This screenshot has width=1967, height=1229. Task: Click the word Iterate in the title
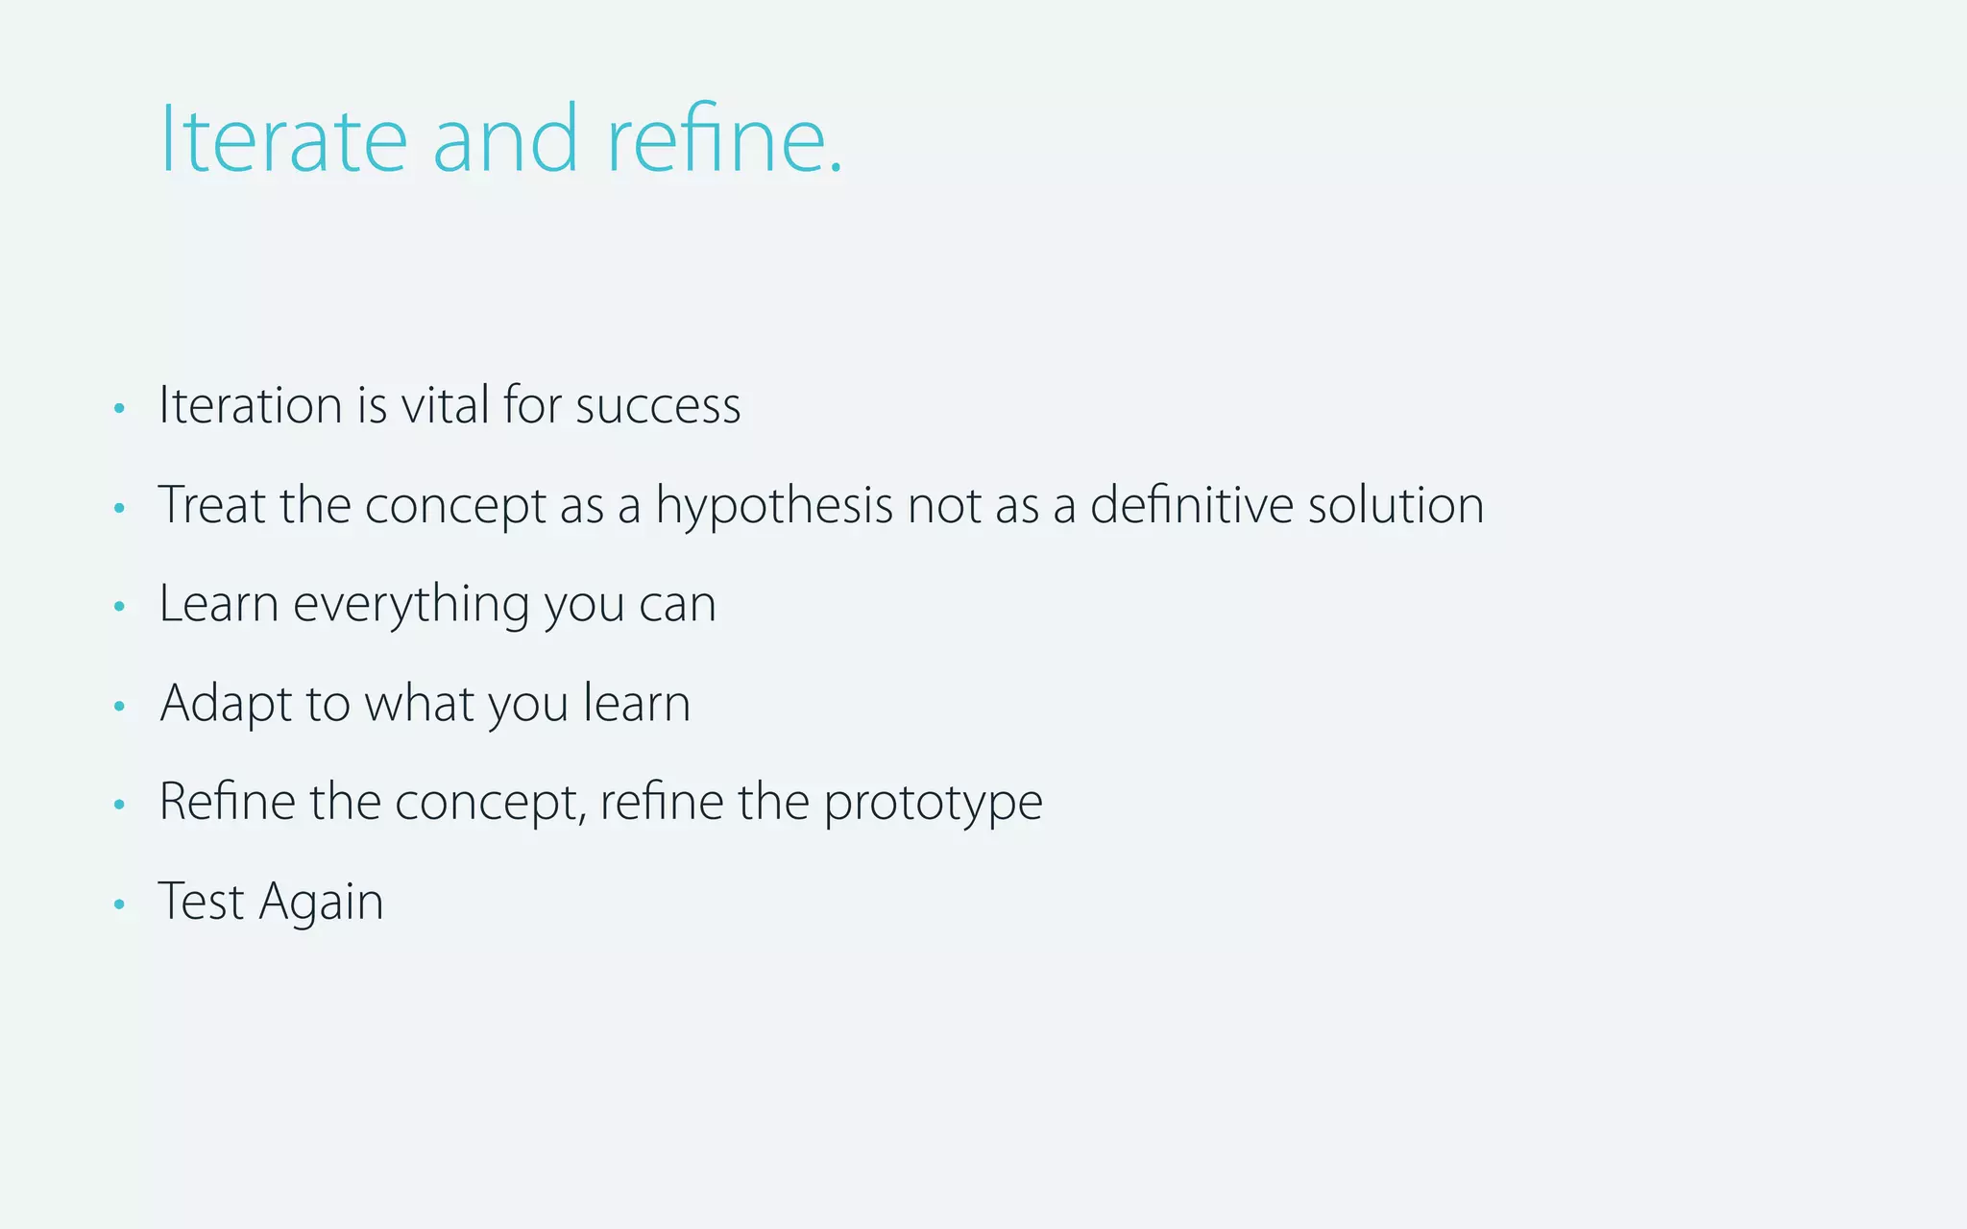283,140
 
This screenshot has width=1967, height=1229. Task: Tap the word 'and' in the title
505,140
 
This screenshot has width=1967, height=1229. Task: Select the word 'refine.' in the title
725,140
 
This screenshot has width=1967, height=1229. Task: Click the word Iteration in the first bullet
251,405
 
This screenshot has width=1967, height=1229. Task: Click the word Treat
212,505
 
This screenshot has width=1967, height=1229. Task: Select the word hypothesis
774,507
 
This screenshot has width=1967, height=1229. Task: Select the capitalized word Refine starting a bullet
227,802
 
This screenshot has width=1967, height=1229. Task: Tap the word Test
201,903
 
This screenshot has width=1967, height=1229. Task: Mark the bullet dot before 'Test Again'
119,904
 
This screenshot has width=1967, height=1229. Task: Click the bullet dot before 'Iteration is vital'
119,409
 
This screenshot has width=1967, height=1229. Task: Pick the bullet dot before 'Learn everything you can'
119,607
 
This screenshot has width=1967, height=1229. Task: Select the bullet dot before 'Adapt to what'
119,707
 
